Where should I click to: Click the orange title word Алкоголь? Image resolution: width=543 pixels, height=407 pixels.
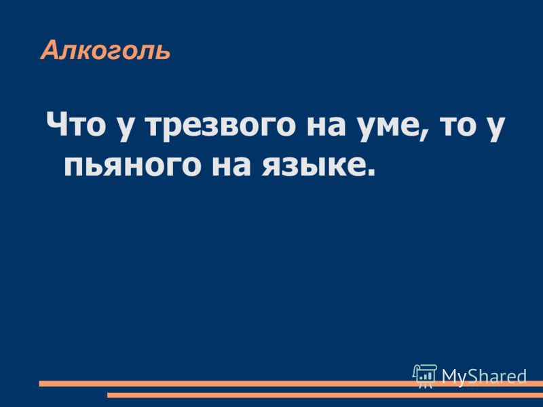pyautogui.click(x=106, y=51)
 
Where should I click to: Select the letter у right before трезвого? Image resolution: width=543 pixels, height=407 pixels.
pyautogui.click(x=127, y=129)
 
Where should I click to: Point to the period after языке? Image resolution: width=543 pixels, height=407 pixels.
pyautogui.click(x=369, y=172)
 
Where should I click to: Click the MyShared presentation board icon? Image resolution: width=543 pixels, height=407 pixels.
pyautogui.click(x=425, y=376)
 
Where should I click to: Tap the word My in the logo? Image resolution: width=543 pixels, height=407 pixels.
pyautogui.click(x=453, y=376)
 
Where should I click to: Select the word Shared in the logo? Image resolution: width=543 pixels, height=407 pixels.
pyautogui.click(x=496, y=376)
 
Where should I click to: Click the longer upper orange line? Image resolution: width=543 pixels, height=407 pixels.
pyautogui.click(x=291, y=383)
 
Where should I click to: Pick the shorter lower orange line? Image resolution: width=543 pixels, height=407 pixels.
pyautogui.click(x=325, y=395)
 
